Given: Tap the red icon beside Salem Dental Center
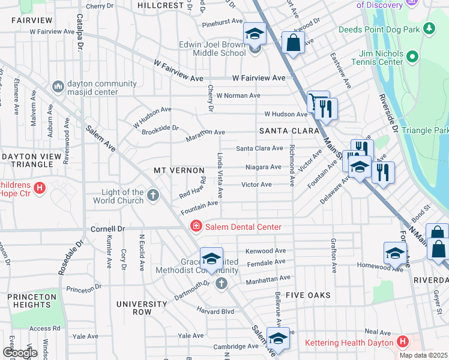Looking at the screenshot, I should pos(195,226).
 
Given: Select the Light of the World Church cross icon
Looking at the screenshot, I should pos(153,195).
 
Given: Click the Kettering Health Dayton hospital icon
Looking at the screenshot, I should pos(402,342).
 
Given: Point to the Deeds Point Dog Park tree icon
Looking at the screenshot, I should pos(429,28).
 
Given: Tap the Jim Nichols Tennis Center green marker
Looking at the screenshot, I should pos(412,57).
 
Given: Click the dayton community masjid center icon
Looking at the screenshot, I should pos(58,87).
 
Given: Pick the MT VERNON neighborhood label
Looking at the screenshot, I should pos(176,171).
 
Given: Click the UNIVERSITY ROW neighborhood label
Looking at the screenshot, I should pos(142,308).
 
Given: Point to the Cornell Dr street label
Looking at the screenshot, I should pos(107,229).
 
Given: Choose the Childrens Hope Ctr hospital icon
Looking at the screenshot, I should pos(40,188).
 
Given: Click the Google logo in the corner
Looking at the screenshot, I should pos(20,353).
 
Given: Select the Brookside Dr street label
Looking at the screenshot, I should pos(159,128).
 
